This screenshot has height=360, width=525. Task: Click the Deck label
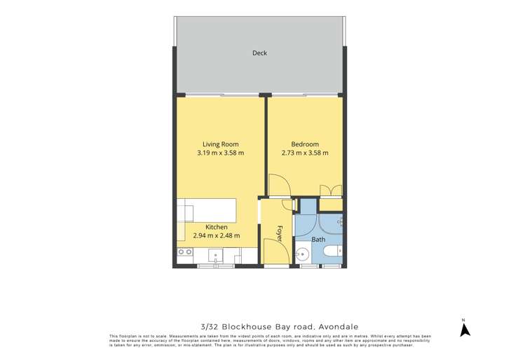(x=259, y=53)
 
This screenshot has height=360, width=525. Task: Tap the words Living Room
(x=216, y=144)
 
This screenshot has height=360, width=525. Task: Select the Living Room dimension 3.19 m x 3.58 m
(x=216, y=153)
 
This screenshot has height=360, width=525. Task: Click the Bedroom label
(x=305, y=144)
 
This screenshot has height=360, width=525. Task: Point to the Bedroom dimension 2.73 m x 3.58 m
(x=305, y=153)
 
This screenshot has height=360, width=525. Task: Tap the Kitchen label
(x=216, y=227)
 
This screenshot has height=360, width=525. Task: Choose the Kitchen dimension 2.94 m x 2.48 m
(x=216, y=236)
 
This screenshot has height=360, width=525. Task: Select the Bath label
(x=318, y=240)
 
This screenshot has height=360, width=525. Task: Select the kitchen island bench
(x=207, y=209)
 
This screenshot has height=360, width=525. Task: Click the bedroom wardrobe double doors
(x=330, y=191)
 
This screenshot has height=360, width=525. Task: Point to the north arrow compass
(x=463, y=328)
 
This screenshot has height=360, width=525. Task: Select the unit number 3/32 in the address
(x=210, y=326)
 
